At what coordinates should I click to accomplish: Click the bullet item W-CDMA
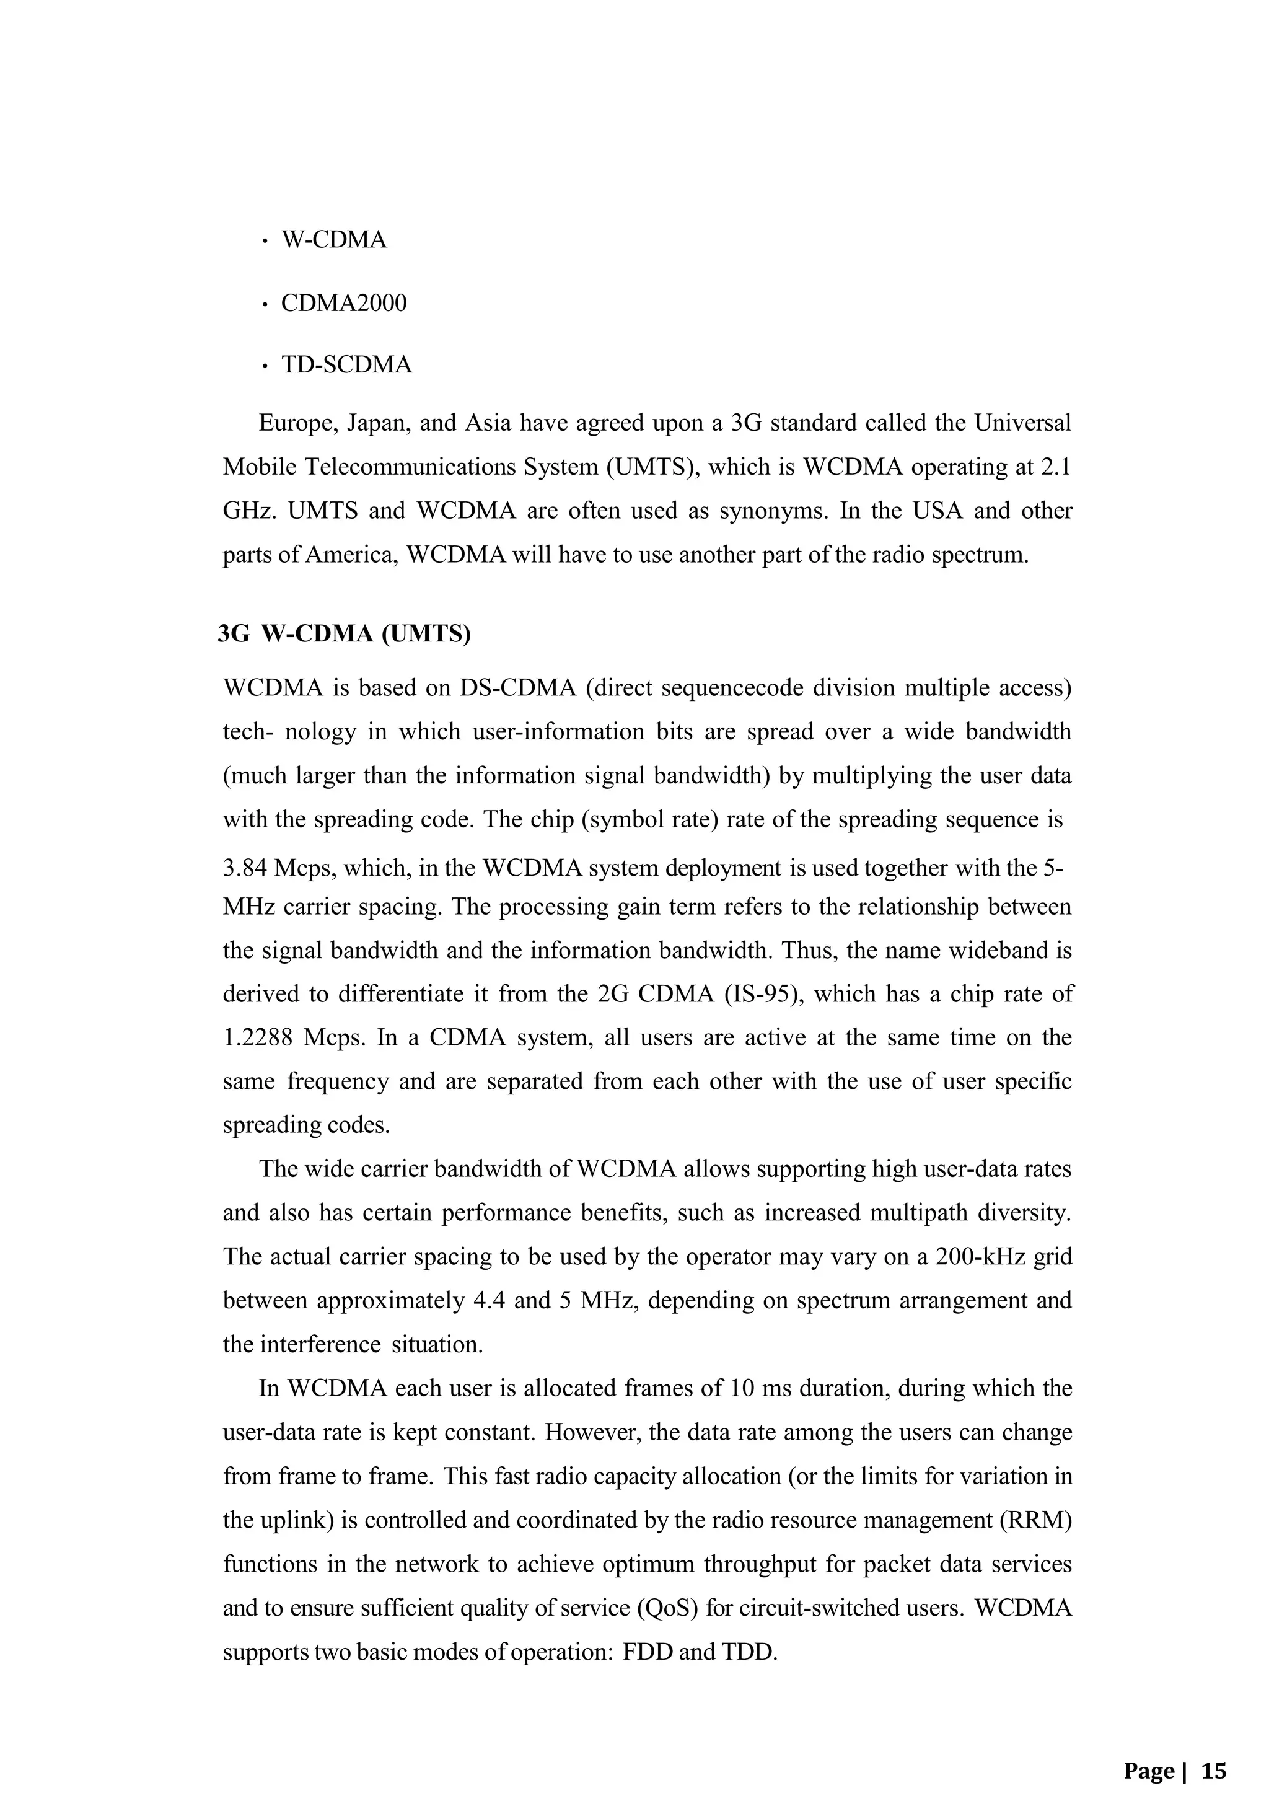click(334, 240)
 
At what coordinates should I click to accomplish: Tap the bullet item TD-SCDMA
click(346, 365)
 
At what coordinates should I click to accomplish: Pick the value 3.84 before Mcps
click(245, 868)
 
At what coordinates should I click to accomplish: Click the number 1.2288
click(258, 1038)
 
